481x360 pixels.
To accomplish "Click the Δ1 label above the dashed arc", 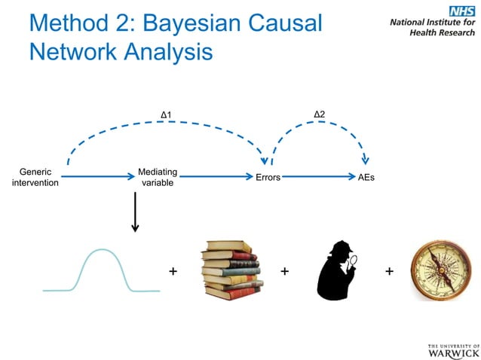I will pos(167,115).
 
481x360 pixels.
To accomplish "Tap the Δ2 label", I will pos(319,114).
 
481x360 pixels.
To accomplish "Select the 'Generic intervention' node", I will pos(35,177).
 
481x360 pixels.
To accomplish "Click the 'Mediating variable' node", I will pos(158,177).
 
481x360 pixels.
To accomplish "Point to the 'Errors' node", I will pos(268,178).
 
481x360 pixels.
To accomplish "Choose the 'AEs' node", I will pos(366,178).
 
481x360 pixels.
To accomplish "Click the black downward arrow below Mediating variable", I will pos(135,212).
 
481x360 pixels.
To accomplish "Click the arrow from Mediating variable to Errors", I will pos(216,178).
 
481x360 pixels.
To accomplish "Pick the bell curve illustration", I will pos(102,270).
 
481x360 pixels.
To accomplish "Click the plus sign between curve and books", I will pos(173,271).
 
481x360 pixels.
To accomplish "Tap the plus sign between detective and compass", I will pos(389,271).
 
